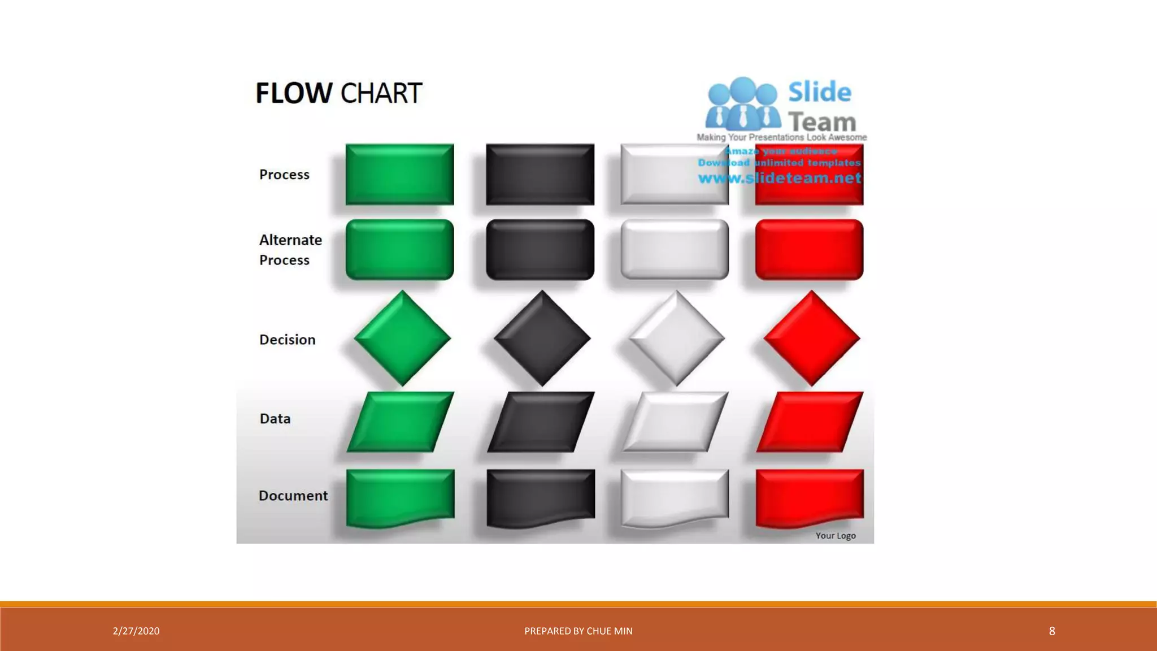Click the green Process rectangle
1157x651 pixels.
pyautogui.click(x=399, y=174)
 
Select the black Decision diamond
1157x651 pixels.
pyautogui.click(x=542, y=338)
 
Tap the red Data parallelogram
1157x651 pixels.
pyautogui.click(x=810, y=422)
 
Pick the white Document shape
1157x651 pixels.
pyautogui.click(x=675, y=496)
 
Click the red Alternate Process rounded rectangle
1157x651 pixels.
pyautogui.click(x=809, y=250)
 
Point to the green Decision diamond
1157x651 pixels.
pyautogui.click(x=402, y=338)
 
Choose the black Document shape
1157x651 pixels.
pyautogui.click(x=541, y=496)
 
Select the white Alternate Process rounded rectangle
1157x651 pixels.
pyautogui.click(x=675, y=250)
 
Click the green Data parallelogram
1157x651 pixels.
pyautogui.click(x=400, y=422)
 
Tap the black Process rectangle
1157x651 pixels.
pyautogui.click(x=540, y=174)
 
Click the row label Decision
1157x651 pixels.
pyautogui.click(x=287, y=340)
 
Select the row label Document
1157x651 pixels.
pyautogui.click(x=293, y=496)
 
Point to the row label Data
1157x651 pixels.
pyautogui.click(x=275, y=419)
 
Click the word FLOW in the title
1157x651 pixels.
pyautogui.click(x=294, y=93)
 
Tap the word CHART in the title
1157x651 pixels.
pyautogui.click(x=381, y=93)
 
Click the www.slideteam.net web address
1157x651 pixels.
pyautogui.click(x=780, y=179)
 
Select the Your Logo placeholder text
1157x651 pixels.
pyautogui.click(x=836, y=536)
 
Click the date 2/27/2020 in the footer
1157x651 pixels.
pyautogui.click(x=136, y=631)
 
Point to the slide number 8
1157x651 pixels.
pyautogui.click(x=1052, y=631)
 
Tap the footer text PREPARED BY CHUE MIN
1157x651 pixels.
pyautogui.click(x=578, y=631)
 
